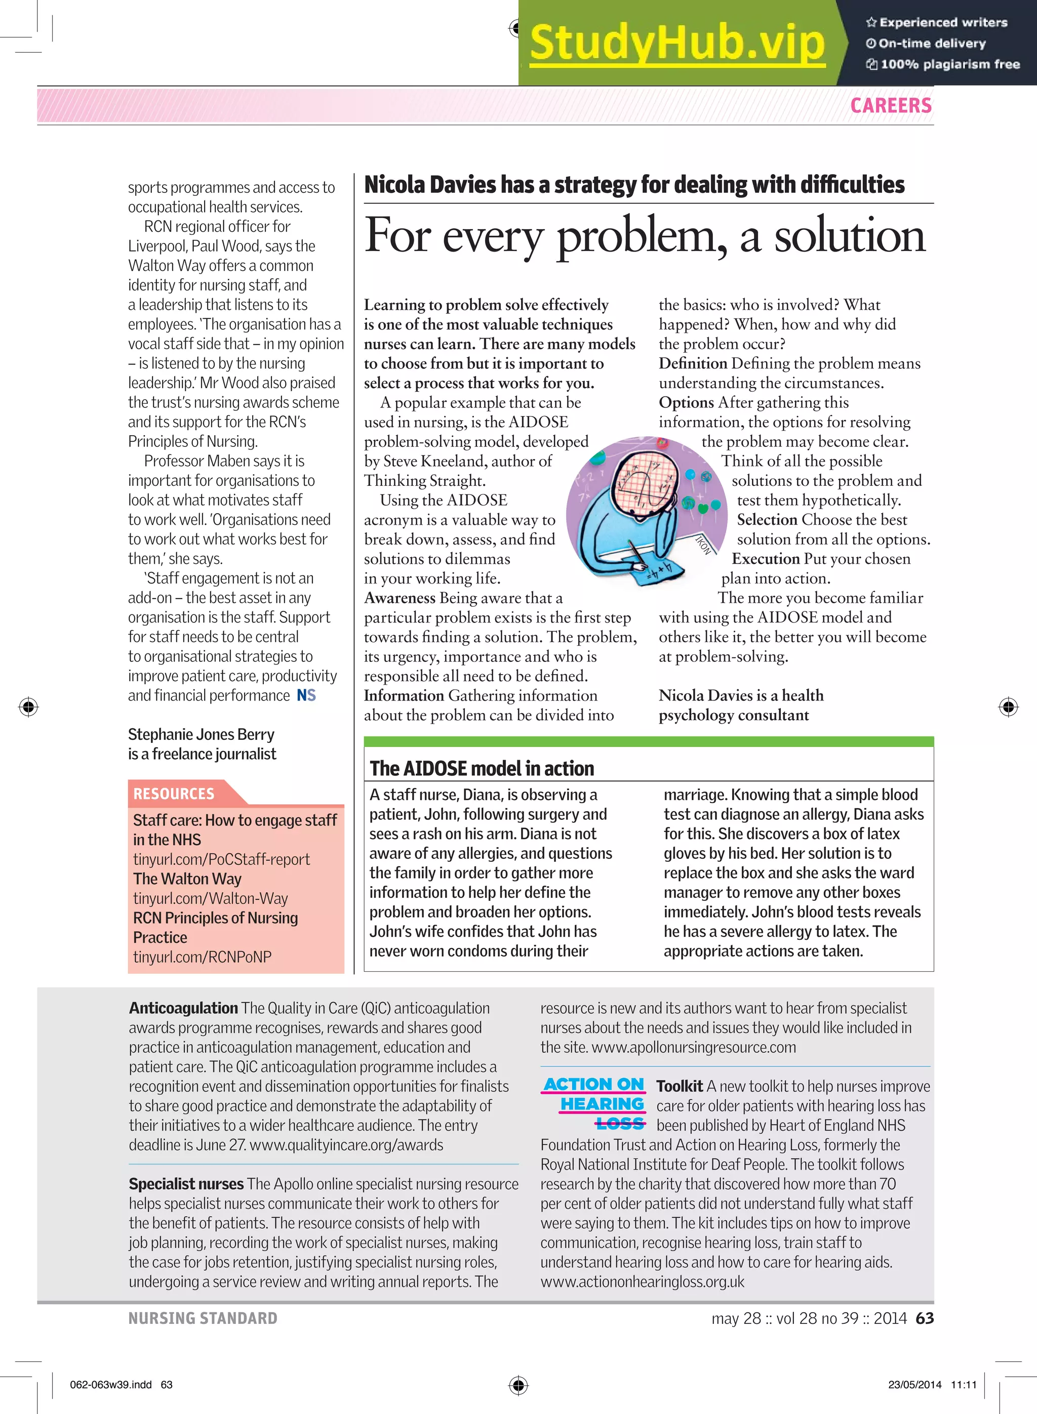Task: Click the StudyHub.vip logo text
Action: pyautogui.click(x=676, y=43)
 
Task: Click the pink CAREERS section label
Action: pyautogui.click(x=890, y=105)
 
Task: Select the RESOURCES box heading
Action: pyautogui.click(x=174, y=794)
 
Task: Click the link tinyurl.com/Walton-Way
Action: pyautogui.click(x=210, y=898)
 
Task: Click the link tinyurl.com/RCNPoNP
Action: pyautogui.click(x=202, y=956)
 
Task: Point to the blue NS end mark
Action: pyautogui.click(x=306, y=695)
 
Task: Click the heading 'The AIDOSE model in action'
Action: pyautogui.click(x=482, y=768)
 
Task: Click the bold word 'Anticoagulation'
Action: pyautogui.click(x=183, y=1008)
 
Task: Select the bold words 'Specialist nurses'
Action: pyautogui.click(x=186, y=1183)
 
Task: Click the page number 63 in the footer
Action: pyautogui.click(x=924, y=1318)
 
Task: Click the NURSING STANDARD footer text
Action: pyautogui.click(x=203, y=1318)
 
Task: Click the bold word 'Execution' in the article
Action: pyautogui.click(x=765, y=558)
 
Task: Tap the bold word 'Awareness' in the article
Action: pyautogui.click(x=399, y=597)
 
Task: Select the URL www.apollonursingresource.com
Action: pyautogui.click(x=693, y=1047)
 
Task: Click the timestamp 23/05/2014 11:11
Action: pyautogui.click(x=932, y=1385)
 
